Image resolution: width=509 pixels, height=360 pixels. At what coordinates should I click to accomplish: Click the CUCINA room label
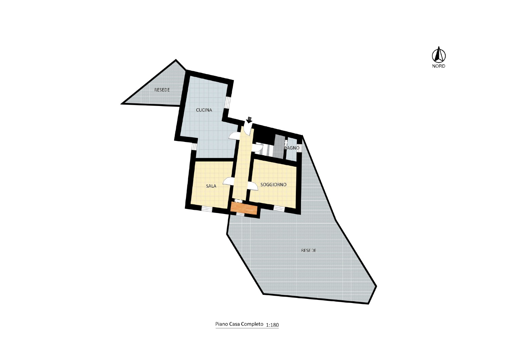tap(204, 110)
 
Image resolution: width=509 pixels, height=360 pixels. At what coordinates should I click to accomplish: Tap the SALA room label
tap(211, 186)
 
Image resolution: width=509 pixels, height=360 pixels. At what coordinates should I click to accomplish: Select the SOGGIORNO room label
tap(274, 185)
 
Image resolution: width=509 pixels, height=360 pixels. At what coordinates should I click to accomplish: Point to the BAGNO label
tap(292, 148)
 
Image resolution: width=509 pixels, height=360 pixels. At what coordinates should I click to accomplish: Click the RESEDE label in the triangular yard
tap(162, 90)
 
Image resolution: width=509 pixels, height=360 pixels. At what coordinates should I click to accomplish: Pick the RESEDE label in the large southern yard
tap(308, 250)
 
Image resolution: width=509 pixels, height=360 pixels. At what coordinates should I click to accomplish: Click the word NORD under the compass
tap(438, 66)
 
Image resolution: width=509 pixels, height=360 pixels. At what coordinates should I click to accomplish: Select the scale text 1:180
tap(272, 325)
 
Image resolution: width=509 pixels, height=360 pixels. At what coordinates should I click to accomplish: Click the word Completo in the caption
tap(252, 324)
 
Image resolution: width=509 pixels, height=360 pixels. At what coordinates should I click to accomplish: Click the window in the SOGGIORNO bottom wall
tap(279, 208)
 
